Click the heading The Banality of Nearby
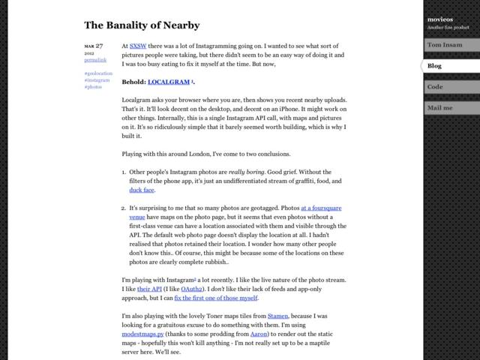tap(142, 25)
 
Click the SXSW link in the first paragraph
tap(137, 45)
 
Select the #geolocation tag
tap(98, 73)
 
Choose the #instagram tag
tap(96, 80)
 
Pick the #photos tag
tap(93, 87)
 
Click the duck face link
tap(142, 190)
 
